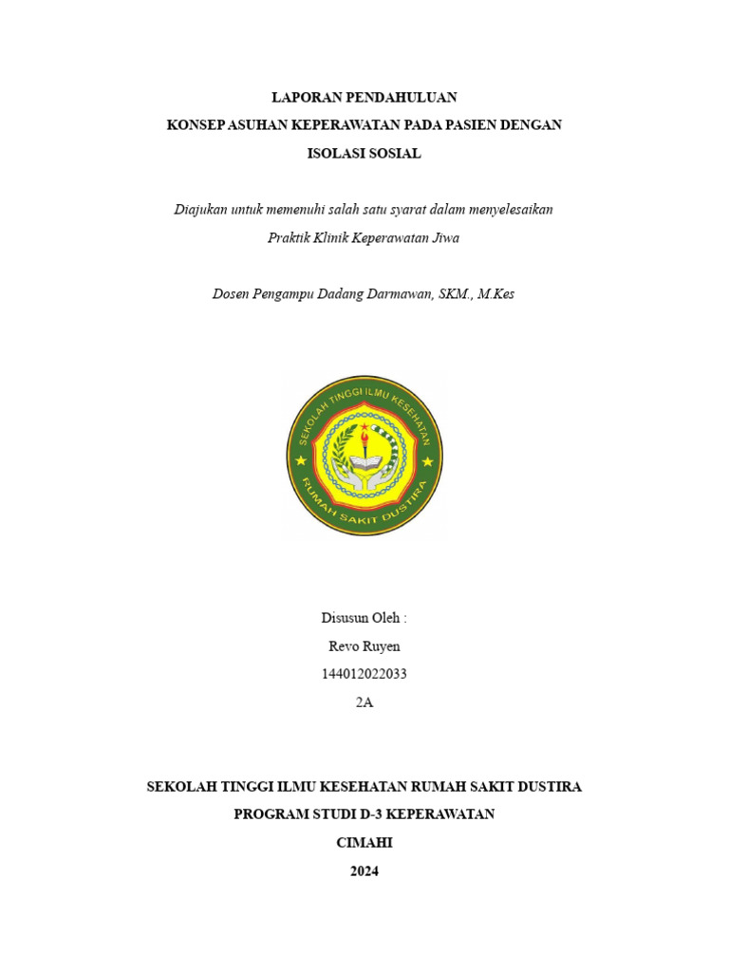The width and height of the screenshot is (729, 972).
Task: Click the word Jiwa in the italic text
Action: tap(445, 237)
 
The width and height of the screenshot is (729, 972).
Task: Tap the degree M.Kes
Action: tap(495, 293)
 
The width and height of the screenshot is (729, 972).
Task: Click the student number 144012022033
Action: tap(364, 674)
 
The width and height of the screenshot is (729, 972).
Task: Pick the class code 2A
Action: tap(364, 702)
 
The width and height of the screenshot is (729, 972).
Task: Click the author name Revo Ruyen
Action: tap(364, 645)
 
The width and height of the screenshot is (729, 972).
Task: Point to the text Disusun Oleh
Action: tap(364, 618)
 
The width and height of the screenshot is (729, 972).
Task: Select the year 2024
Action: tap(364, 870)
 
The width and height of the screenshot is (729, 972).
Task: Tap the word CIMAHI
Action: tap(364, 842)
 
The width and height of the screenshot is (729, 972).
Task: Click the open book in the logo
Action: tap(364, 465)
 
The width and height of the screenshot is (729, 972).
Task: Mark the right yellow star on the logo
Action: tap(427, 461)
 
